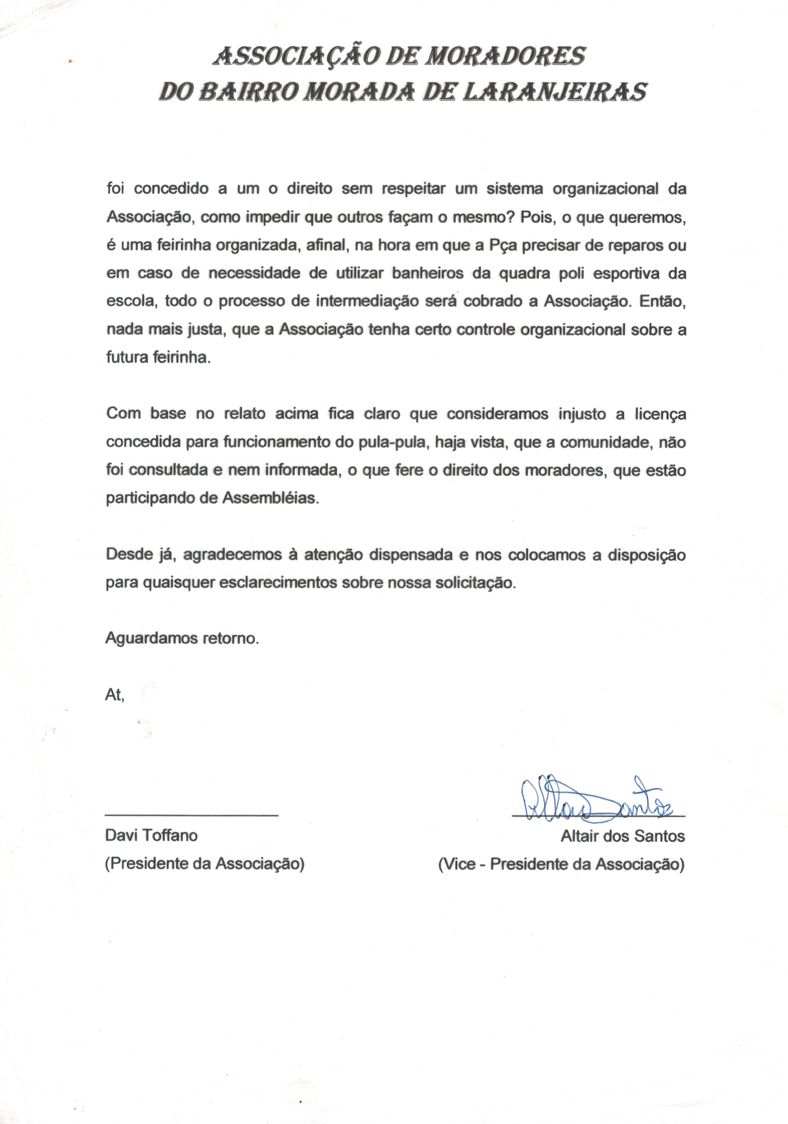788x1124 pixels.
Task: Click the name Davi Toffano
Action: point(151,835)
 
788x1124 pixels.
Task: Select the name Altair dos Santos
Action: point(622,836)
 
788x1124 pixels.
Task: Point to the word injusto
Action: point(583,414)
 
